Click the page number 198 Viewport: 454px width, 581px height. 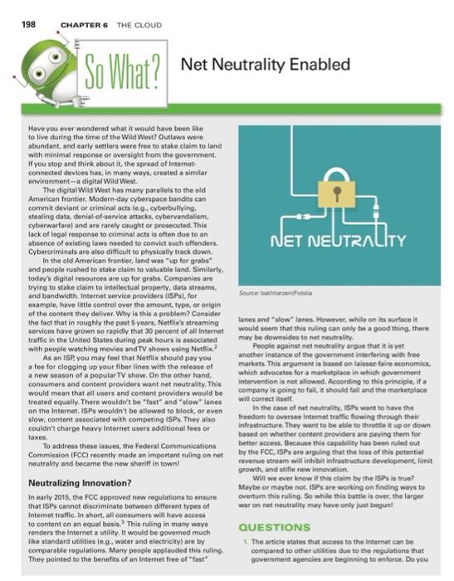click(19, 15)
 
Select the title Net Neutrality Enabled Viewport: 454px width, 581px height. click(265, 65)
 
